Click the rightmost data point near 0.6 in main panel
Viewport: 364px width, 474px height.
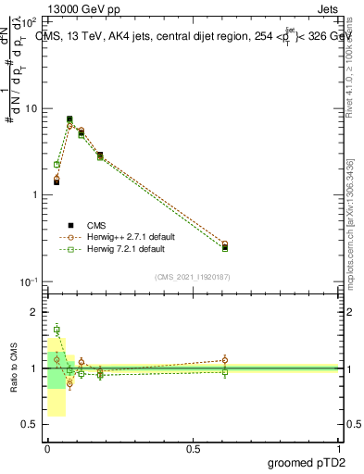coord(225,246)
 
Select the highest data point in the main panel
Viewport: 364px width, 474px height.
coord(69,119)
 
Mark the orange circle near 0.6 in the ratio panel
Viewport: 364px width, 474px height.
coord(225,360)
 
